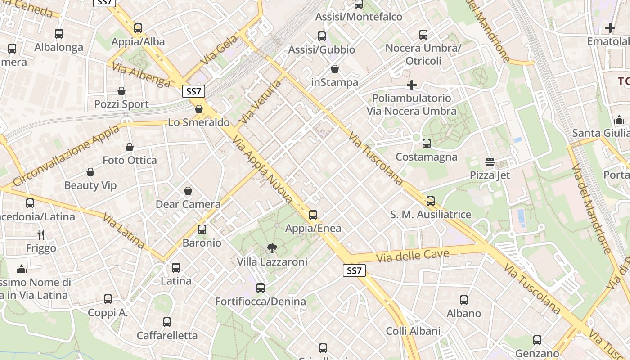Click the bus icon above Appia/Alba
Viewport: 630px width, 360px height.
coord(138,28)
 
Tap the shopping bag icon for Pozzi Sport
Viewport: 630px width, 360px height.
coord(121,91)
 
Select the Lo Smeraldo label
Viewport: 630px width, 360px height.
coord(199,122)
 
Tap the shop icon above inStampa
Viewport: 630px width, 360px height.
coord(335,69)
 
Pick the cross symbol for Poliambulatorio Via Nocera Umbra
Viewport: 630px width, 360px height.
coord(411,85)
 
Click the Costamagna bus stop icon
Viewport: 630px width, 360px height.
coord(426,144)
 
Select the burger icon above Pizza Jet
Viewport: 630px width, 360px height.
coord(490,162)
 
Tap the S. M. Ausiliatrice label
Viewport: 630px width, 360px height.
coord(431,215)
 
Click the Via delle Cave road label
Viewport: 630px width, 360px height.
coord(413,256)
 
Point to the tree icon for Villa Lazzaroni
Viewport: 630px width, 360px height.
coord(272,248)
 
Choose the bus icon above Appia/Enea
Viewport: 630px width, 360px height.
coord(313,215)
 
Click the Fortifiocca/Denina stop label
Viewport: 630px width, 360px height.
coord(261,301)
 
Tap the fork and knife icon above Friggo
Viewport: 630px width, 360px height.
coord(41,234)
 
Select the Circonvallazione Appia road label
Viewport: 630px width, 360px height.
coord(67,155)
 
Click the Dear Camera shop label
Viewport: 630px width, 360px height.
coord(188,204)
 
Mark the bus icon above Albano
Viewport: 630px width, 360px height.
coord(464,300)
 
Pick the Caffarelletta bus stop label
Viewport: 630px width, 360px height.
coord(167,336)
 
